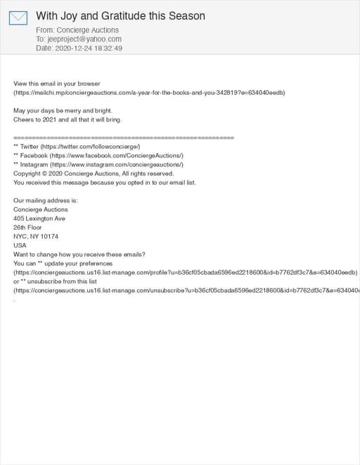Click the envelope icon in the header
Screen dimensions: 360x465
pos(18,18)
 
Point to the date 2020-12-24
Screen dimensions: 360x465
pos(72,48)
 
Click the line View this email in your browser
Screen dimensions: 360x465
pos(57,84)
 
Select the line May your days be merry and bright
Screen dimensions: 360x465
pos(63,111)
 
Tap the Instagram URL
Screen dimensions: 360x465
pos(120,164)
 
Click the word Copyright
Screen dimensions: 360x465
pos(27,173)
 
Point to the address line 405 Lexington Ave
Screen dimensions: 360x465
pos(39,218)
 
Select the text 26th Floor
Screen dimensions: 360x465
pos(27,228)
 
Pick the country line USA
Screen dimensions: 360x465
pos(20,246)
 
